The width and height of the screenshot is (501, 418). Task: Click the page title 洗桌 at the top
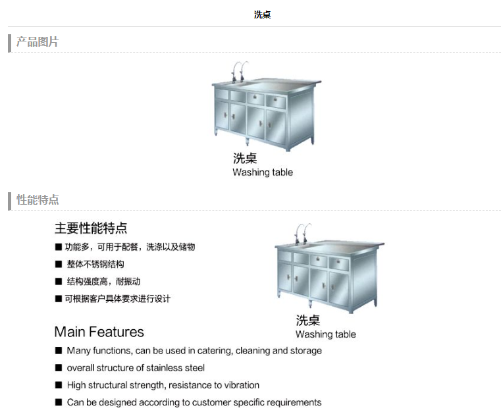click(x=262, y=14)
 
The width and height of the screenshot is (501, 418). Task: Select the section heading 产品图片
click(x=38, y=42)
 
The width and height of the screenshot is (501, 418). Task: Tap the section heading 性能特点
click(x=38, y=199)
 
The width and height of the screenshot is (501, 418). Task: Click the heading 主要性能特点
click(x=91, y=228)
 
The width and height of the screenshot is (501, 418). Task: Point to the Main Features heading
click(x=99, y=332)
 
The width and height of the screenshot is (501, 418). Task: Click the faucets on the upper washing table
click(x=240, y=71)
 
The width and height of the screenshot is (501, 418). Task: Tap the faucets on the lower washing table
click(x=303, y=233)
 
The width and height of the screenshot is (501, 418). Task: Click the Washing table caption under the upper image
click(x=263, y=172)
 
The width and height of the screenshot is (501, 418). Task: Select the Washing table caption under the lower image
click(x=326, y=334)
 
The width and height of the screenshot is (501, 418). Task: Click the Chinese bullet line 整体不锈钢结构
click(x=95, y=264)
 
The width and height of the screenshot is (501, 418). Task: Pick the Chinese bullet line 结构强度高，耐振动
click(x=103, y=282)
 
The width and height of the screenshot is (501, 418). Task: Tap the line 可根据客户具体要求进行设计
click(x=118, y=299)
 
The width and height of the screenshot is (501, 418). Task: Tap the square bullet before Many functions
click(x=59, y=351)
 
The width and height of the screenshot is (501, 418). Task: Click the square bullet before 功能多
click(x=59, y=247)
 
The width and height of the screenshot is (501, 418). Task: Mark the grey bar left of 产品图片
click(x=10, y=43)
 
